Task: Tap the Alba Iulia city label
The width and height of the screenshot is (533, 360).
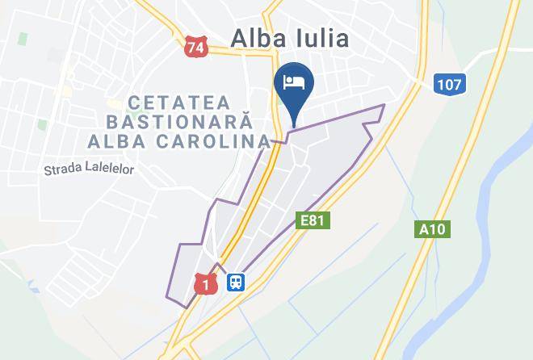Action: [x=291, y=38]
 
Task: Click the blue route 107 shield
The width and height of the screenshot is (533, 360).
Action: [x=450, y=84]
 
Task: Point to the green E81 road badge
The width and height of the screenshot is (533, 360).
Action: [x=314, y=220]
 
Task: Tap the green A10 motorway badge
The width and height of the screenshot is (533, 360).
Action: [x=434, y=229]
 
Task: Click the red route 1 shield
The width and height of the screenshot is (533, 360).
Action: [x=206, y=283]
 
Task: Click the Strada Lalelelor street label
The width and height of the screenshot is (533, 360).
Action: [x=90, y=170]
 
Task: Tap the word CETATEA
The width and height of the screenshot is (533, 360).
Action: [x=179, y=103]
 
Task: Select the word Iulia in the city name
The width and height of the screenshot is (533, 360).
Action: [x=321, y=38]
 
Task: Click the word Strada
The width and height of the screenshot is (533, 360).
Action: [x=63, y=170]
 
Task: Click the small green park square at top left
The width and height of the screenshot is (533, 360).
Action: [x=23, y=38]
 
